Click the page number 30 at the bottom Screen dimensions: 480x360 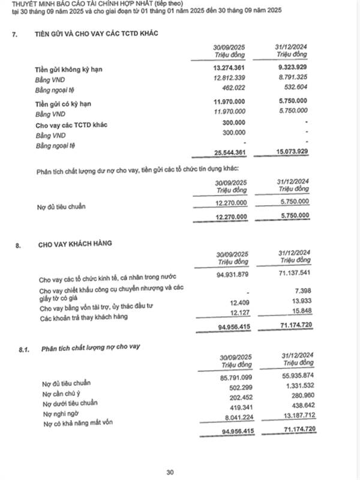click(172, 472)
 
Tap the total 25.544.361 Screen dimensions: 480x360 click(229, 151)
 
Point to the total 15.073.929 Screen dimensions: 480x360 click(292, 151)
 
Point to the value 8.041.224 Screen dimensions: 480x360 click(233, 416)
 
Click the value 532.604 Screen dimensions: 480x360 click(297, 89)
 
